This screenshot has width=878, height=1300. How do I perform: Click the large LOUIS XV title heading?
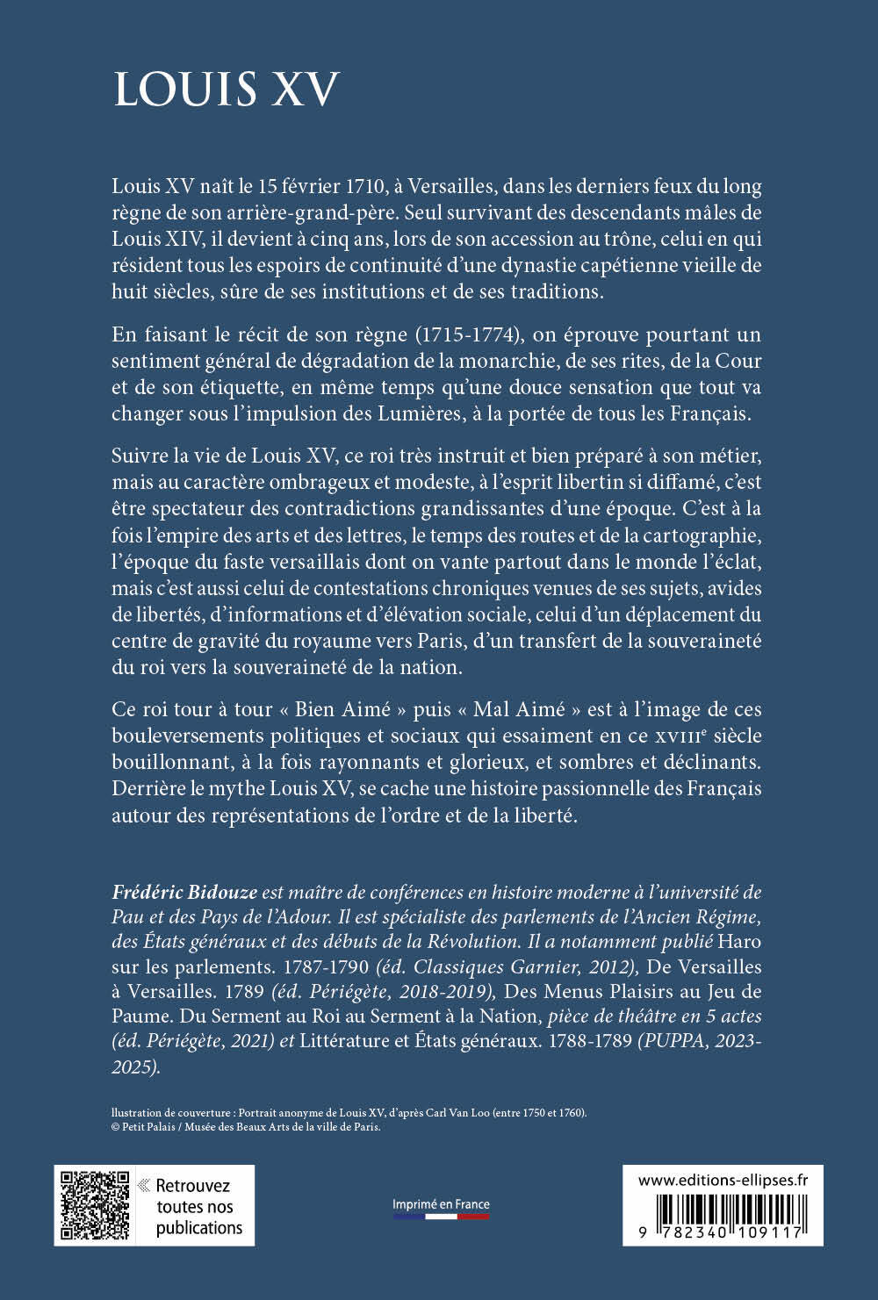click(x=226, y=90)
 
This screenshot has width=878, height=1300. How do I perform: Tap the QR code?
click(x=95, y=1205)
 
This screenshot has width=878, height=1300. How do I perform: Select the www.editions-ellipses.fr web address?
click(x=723, y=1181)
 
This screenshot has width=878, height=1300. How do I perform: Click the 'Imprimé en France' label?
click(x=441, y=1204)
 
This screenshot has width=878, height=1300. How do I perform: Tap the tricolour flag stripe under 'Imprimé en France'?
click(x=441, y=1217)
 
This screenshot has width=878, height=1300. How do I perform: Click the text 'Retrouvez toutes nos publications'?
click(x=198, y=1206)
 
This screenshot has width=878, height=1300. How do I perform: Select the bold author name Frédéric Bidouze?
click(x=184, y=892)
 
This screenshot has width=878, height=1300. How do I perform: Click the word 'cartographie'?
click(x=703, y=535)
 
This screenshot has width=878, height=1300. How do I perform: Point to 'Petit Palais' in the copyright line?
click(x=147, y=1127)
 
